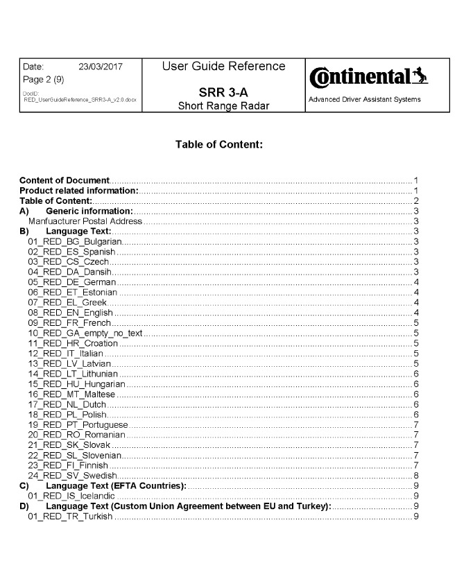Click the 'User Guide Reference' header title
tap(223, 67)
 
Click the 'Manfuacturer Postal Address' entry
tap(85, 220)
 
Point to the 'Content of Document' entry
tap(64, 180)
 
